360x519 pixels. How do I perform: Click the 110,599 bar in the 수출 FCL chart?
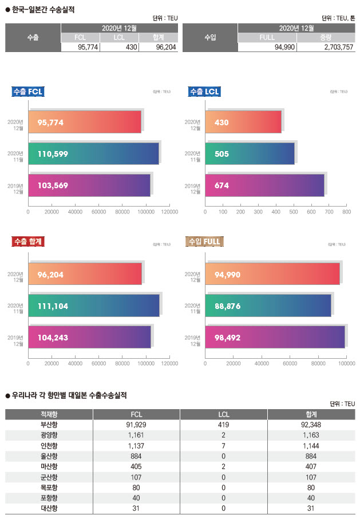click(93, 153)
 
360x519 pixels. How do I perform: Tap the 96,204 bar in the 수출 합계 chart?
click(85, 274)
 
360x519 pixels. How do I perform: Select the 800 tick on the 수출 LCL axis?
click(346, 212)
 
